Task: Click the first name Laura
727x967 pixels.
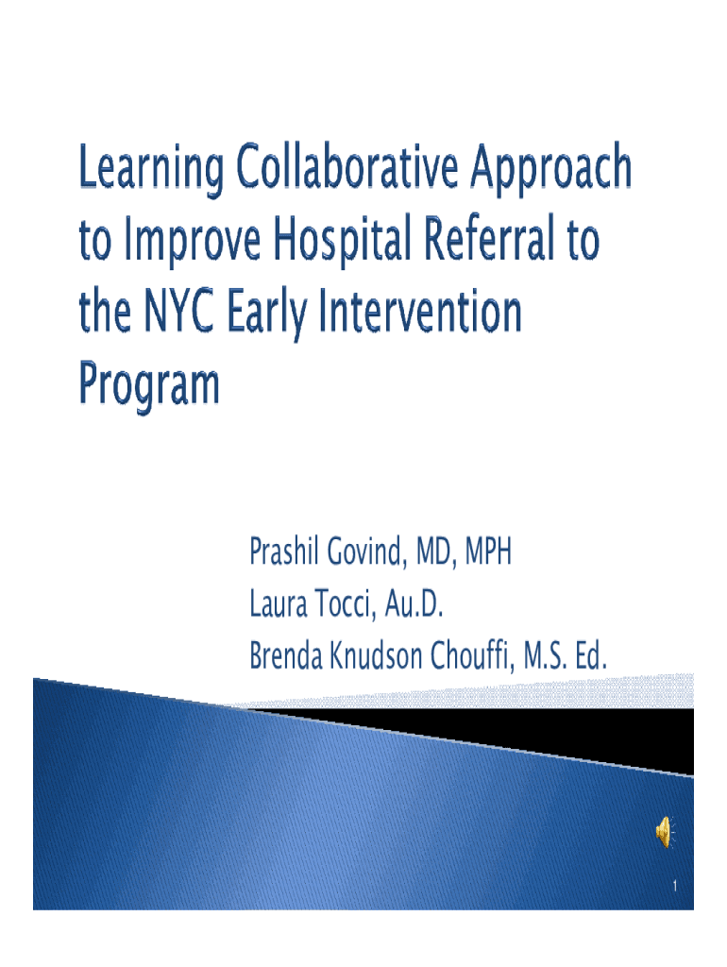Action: point(279,604)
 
